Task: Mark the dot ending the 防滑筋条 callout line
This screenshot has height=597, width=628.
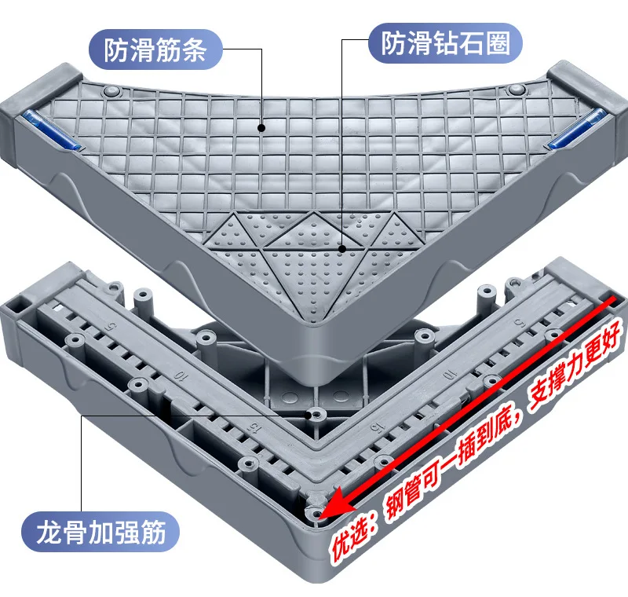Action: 261,127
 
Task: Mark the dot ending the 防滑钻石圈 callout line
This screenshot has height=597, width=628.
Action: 341,248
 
